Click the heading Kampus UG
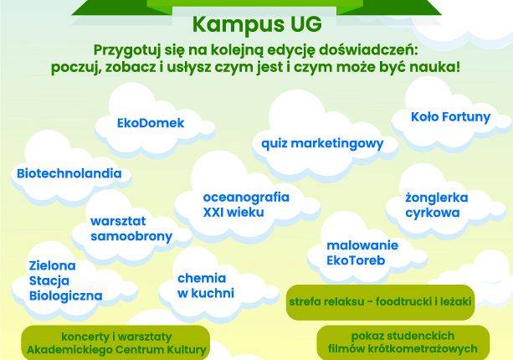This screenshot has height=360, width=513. [x=255, y=23]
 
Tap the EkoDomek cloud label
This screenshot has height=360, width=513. [x=151, y=124]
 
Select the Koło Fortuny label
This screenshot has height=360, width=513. [x=450, y=117]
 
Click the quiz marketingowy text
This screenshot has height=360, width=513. [x=322, y=143]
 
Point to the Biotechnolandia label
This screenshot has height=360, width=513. [x=69, y=174]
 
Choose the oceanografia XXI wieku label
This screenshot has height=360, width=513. [x=246, y=205]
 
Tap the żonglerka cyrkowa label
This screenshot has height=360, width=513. [x=436, y=205]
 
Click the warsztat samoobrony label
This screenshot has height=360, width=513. [x=131, y=229]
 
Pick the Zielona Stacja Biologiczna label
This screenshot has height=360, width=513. [x=64, y=280]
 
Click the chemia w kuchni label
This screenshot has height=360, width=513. [x=205, y=285]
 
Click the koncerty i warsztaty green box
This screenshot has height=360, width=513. [x=116, y=342]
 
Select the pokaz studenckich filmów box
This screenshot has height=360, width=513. [x=403, y=342]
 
